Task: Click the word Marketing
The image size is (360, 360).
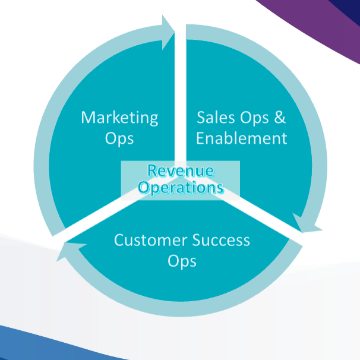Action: click(x=119, y=118)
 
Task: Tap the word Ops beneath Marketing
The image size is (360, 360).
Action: click(x=119, y=139)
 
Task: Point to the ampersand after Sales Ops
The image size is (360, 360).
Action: click(x=279, y=118)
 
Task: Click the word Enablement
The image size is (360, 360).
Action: click(x=241, y=139)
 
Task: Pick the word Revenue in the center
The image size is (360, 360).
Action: click(x=181, y=172)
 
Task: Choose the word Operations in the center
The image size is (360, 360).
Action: click(x=181, y=188)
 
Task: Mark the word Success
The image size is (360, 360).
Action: click(x=220, y=241)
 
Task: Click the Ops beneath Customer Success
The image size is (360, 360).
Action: click(x=181, y=262)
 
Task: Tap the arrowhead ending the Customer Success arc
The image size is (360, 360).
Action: click(x=67, y=250)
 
